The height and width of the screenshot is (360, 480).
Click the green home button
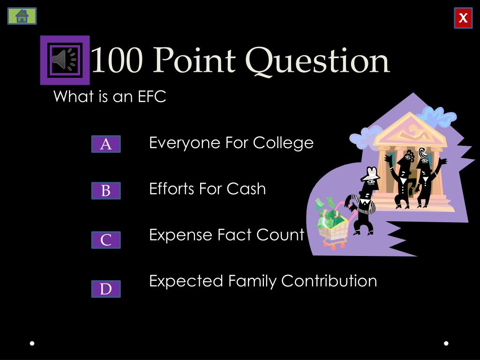pyautogui.click(x=22, y=16)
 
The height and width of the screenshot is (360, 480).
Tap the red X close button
pyautogui.click(x=463, y=18)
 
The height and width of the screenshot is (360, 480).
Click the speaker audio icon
pyautogui.click(x=64, y=60)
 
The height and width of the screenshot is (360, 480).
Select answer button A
pyautogui.click(x=106, y=144)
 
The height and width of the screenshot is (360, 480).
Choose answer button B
pyautogui.click(x=106, y=191)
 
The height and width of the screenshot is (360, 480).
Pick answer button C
pyautogui.click(x=106, y=240)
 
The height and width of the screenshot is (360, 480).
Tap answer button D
pyautogui.click(x=106, y=289)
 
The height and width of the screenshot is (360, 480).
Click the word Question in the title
pyautogui.click(x=317, y=61)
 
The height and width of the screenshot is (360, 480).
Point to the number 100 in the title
pyautogui.click(x=116, y=61)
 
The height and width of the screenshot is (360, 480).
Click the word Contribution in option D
pyautogui.click(x=329, y=281)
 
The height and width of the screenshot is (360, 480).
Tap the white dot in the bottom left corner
pyautogui.click(x=32, y=343)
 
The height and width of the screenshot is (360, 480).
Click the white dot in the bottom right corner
pyautogui.click(x=446, y=343)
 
